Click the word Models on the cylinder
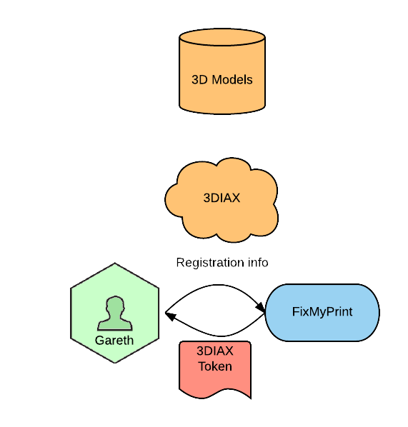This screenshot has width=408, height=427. point(232,80)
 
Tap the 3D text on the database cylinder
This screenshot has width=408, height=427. point(200,80)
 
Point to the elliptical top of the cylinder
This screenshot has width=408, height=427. point(222,37)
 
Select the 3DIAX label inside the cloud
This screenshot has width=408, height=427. point(222,198)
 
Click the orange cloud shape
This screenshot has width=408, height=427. point(222,200)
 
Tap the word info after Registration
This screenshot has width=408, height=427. point(258,263)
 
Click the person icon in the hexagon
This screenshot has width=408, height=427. point(115,313)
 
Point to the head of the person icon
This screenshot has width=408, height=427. point(115,305)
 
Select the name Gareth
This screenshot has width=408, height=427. point(114,341)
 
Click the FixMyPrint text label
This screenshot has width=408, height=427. point(322,312)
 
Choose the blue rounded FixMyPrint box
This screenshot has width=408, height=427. point(322,312)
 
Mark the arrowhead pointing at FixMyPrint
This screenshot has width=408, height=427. point(260,307)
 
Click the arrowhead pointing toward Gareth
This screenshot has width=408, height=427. point(171,316)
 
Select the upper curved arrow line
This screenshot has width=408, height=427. point(218,285)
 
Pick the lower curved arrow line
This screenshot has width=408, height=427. point(221,336)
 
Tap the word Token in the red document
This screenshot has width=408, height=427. point(215,366)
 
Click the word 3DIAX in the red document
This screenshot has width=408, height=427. point(215,351)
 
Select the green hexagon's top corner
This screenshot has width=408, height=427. point(115,263)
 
